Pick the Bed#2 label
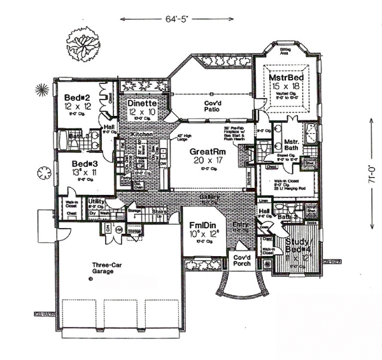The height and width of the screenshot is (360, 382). (80, 97)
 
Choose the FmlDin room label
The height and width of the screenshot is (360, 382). (203, 225)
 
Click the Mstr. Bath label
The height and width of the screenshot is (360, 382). (292, 143)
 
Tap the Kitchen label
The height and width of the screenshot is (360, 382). (141, 136)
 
